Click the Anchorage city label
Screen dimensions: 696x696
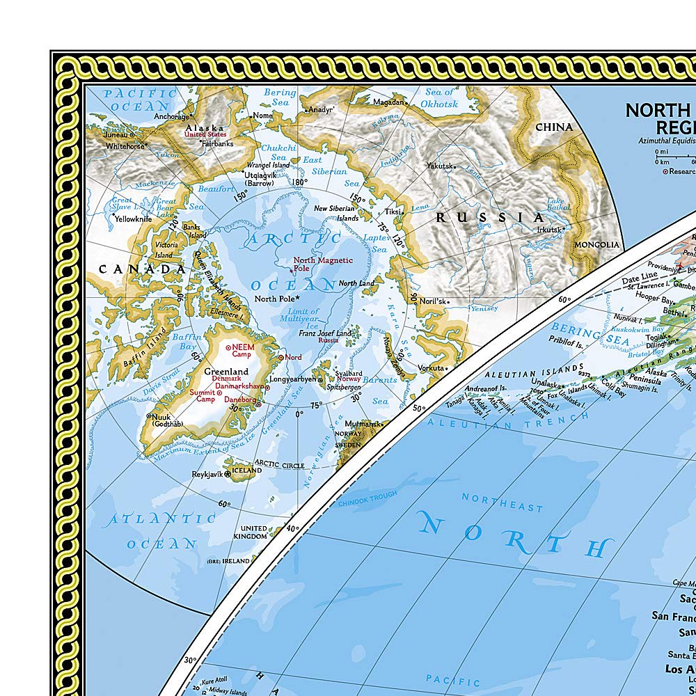(x=171, y=117)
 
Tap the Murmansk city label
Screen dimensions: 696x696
(x=363, y=424)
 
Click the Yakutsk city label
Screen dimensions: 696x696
(x=440, y=166)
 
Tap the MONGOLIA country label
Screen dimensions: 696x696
(x=596, y=244)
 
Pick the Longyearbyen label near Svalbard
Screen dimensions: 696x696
(x=290, y=380)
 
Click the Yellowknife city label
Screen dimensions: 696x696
(x=133, y=219)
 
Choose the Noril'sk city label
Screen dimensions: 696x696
(x=429, y=301)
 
